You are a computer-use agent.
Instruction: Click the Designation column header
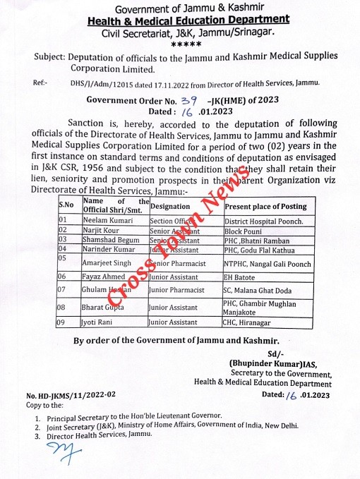point(171,207)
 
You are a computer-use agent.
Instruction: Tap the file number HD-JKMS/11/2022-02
point(71,396)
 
